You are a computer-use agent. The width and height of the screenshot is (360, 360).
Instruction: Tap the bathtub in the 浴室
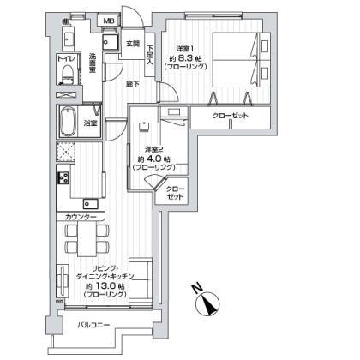[72, 123]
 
